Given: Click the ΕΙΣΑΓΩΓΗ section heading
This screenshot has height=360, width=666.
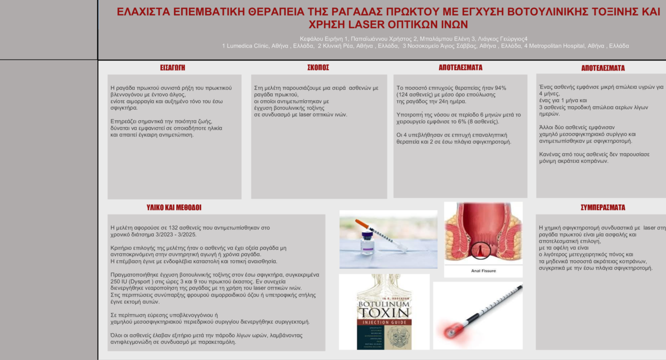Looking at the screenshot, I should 173,68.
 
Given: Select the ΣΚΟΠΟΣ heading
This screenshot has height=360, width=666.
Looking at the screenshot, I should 318,68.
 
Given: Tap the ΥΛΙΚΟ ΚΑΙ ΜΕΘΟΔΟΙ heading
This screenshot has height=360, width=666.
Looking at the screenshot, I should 174,208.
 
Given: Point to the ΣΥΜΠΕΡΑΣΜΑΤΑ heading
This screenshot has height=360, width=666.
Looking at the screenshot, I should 603,208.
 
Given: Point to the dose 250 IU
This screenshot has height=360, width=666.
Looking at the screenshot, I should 119,282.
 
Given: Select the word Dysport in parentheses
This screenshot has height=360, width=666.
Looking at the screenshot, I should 141,282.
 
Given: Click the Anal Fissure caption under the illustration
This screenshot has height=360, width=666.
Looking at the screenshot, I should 483,271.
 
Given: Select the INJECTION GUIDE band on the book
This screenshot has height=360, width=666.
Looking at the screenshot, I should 384,323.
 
